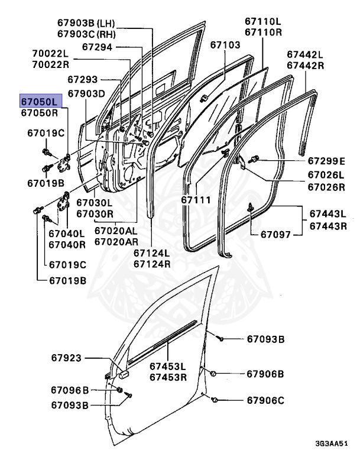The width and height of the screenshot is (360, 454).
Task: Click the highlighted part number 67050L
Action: (39, 100)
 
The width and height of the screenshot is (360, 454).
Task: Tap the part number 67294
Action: (98, 46)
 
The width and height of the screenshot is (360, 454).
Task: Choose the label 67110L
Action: (264, 21)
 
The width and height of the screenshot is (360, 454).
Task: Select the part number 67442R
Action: (306, 65)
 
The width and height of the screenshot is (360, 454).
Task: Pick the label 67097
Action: (277, 235)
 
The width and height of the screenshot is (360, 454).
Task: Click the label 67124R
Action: (152, 264)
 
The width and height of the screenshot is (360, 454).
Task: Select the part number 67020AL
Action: (117, 231)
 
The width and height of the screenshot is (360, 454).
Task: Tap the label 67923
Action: (66, 358)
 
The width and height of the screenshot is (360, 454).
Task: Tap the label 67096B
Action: (70, 390)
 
